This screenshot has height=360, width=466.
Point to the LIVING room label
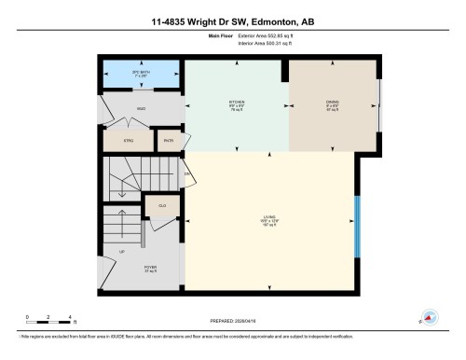pos(270,220)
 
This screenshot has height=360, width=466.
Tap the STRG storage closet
pos(130,141)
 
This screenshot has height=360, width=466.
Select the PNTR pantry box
pos(169,141)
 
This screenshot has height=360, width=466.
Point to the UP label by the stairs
pos(121,252)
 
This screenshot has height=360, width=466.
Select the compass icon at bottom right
pos(429,317)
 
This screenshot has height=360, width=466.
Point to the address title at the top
pos(232,21)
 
